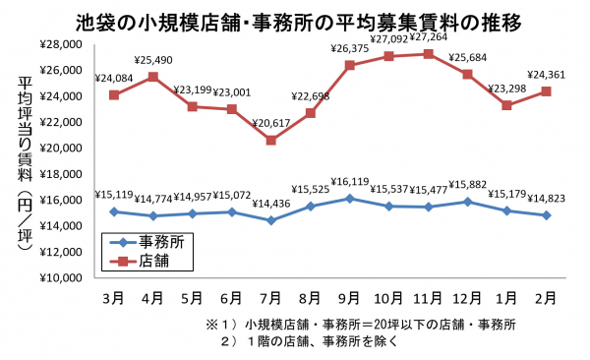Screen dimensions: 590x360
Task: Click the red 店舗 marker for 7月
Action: (271, 141)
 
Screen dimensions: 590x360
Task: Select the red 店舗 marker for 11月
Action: (428, 54)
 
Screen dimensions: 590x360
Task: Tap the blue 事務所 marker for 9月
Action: (349, 199)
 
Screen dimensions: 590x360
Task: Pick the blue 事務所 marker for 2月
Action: (547, 215)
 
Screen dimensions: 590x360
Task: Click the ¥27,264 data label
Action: (428, 37)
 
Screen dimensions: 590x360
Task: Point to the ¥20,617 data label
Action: (271, 123)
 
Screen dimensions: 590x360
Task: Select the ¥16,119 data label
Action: (349, 182)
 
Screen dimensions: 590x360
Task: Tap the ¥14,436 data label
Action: (271, 204)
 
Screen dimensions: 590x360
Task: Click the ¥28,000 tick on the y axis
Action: (61, 44)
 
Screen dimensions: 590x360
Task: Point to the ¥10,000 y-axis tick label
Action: (61, 278)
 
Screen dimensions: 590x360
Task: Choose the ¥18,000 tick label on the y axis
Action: (61, 174)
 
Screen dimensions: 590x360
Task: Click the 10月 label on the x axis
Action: (388, 298)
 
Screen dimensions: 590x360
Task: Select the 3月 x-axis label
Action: (114, 298)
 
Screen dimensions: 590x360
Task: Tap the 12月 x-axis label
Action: (467, 298)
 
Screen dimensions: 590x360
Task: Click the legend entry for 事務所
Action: (147, 242)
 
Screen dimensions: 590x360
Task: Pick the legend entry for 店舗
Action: (140, 261)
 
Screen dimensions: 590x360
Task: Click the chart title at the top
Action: (299, 23)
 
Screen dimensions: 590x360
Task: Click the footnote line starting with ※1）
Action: (361, 325)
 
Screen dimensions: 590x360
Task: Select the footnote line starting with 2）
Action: (310, 341)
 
